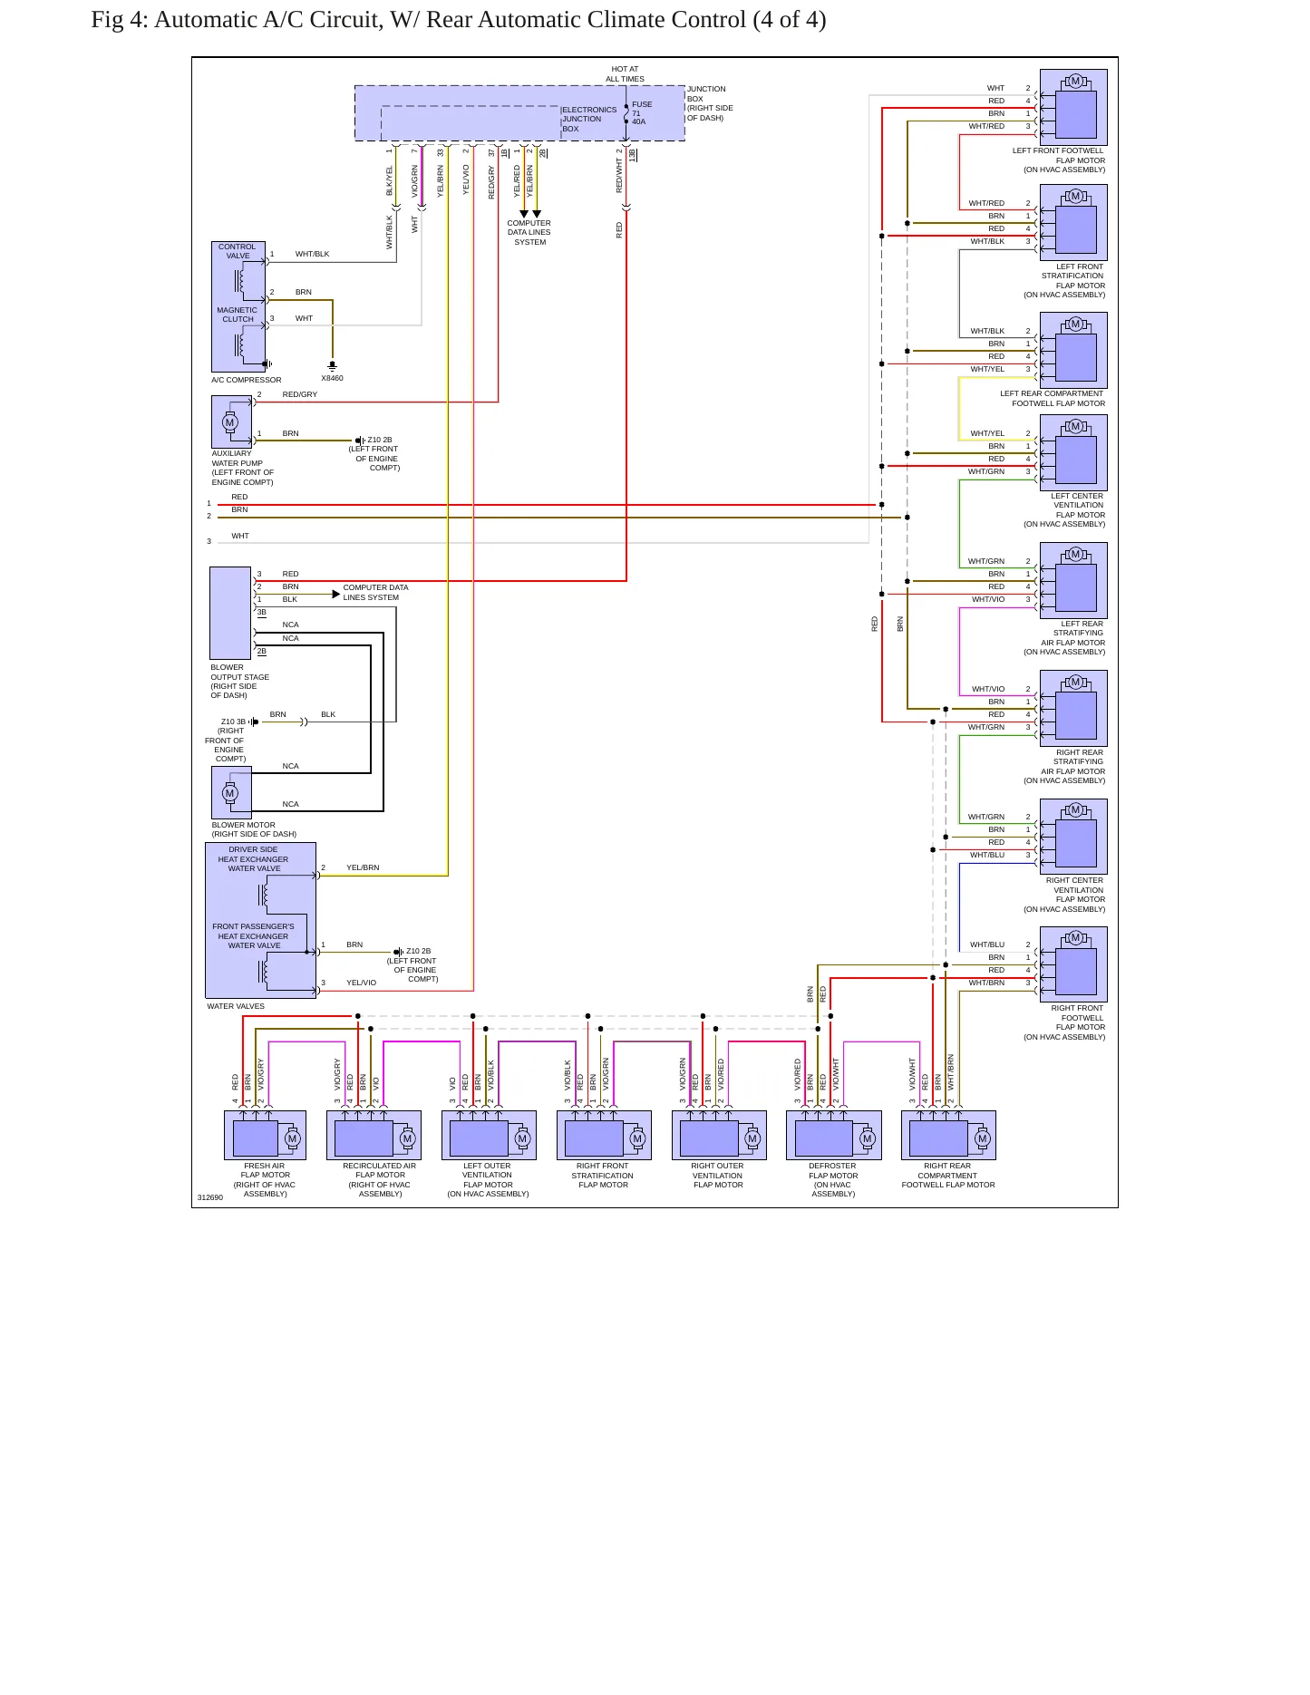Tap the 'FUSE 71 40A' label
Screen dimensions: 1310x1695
pyautogui.click(x=642, y=113)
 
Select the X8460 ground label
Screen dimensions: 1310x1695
pyautogui.click(x=332, y=378)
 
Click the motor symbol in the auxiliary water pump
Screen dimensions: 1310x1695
pyautogui.click(x=229, y=422)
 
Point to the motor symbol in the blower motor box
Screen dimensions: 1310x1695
pyautogui.click(x=229, y=793)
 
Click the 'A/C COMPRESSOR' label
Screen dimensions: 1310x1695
pyautogui.click(x=247, y=380)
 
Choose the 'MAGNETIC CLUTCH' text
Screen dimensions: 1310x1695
pyautogui.click(x=238, y=315)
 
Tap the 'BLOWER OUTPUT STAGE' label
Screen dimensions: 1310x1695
pyautogui.click(x=239, y=682)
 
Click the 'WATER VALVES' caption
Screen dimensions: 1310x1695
pyautogui.click(x=236, y=1006)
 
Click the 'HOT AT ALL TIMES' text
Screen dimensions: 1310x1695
pyautogui.click(x=625, y=73)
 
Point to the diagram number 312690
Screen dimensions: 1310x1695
pyautogui.click(x=210, y=1197)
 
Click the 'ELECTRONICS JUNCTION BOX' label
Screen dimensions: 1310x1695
pyautogui.click(x=589, y=119)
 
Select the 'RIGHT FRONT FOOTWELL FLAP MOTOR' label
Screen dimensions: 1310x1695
pyautogui.click(x=1064, y=1022)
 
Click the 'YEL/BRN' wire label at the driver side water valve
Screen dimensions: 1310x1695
pyautogui.click(x=363, y=867)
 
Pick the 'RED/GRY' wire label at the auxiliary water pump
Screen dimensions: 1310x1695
pyautogui.click(x=300, y=394)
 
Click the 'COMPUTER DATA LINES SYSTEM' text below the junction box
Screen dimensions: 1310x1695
pyautogui.click(x=529, y=232)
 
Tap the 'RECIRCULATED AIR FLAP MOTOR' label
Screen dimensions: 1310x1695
pyautogui.click(x=380, y=1180)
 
